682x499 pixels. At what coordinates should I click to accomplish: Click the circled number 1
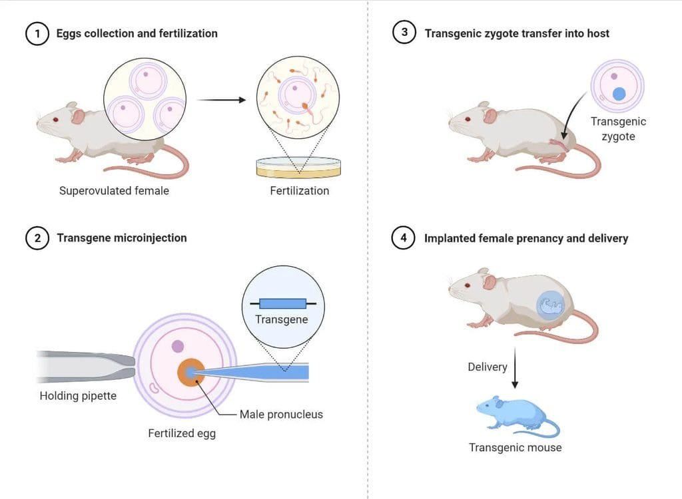pyautogui.click(x=37, y=34)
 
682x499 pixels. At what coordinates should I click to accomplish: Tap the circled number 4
pyautogui.click(x=403, y=238)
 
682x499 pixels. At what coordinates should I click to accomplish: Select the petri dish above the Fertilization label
pyautogui.click(x=298, y=168)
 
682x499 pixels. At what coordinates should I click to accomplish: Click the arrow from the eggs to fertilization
pyautogui.click(x=221, y=100)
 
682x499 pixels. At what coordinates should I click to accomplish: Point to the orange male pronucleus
pyautogui.click(x=191, y=373)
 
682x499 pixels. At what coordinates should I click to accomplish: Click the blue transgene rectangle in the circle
pyautogui.click(x=282, y=303)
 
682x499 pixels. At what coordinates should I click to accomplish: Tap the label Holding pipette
pyautogui.click(x=78, y=396)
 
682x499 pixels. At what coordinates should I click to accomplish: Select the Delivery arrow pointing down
pyautogui.click(x=515, y=367)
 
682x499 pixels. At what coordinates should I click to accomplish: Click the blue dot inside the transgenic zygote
pyautogui.click(x=619, y=93)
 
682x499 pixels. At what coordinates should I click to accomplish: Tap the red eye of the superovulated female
pyautogui.click(x=55, y=120)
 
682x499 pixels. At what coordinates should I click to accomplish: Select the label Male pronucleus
pyautogui.click(x=281, y=415)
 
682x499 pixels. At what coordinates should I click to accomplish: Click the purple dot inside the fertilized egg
pyautogui.click(x=177, y=347)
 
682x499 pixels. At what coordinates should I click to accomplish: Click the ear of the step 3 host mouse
pyautogui.click(x=491, y=115)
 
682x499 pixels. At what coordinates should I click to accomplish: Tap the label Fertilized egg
pyautogui.click(x=182, y=433)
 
